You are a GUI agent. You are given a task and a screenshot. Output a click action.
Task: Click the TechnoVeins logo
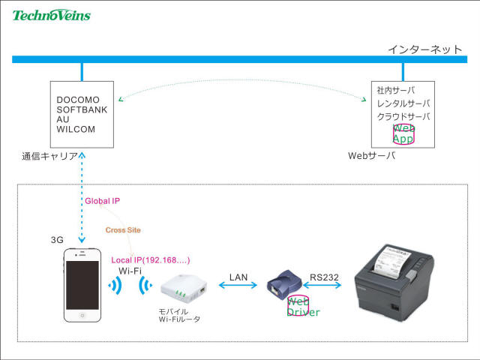pos(51,14)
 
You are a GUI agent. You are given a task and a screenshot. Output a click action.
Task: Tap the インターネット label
pos(424,49)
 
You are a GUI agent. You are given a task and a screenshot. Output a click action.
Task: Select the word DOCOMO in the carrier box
pos(78,100)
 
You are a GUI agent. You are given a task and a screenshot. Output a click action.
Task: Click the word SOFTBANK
pos(82,109)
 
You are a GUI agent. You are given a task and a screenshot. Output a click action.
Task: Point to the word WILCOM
pos(76,129)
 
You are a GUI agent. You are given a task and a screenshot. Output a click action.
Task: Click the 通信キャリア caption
pos(50,157)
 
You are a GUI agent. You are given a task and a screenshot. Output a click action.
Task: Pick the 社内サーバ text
pos(396,91)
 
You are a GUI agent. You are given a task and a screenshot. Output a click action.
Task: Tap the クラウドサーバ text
pos(403,116)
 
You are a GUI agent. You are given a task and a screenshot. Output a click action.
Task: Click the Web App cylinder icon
pos(403,133)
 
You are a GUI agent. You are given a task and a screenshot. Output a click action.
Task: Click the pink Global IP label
pos(102,201)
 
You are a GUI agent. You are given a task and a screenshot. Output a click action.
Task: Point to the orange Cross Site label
pos(123,229)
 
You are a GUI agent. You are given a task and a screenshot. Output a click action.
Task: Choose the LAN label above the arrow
pos(238,277)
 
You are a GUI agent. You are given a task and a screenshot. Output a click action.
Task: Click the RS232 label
pos(324,277)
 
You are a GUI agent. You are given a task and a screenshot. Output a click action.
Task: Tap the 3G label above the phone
pos(57,240)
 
